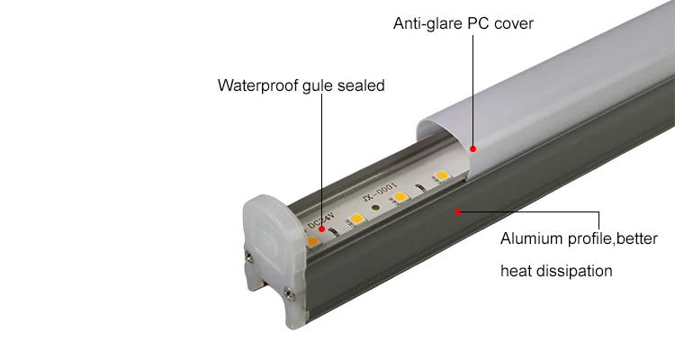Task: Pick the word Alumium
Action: click(532, 240)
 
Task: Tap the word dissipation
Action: click(576, 271)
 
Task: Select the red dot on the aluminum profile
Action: click(457, 212)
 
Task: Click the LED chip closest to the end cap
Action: click(312, 242)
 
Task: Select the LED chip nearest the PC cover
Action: click(441, 175)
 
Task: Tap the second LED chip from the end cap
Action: click(356, 218)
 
